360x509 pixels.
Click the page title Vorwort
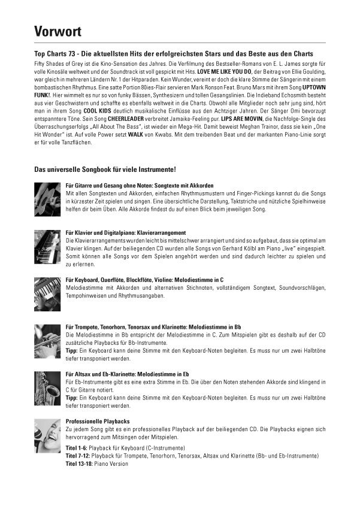(x=58, y=31)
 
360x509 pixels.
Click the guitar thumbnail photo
(x=47, y=195)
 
